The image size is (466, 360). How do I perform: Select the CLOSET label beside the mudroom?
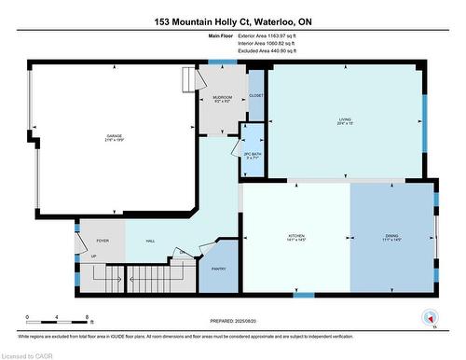point(256,95)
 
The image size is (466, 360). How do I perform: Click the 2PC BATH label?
point(250,155)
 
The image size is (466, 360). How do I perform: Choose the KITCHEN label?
point(296,236)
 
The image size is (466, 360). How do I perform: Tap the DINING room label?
point(391,236)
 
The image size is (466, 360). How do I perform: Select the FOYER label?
point(103,241)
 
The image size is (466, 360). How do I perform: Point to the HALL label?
point(149,241)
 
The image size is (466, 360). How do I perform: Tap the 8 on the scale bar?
point(86,318)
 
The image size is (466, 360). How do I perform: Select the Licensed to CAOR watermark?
point(27,354)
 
